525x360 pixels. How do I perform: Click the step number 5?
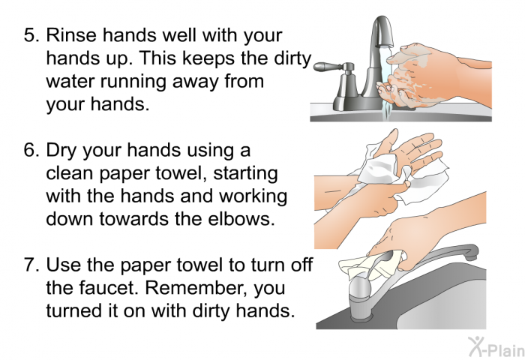(31, 34)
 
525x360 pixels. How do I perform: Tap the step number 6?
(31, 150)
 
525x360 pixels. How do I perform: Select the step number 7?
(31, 265)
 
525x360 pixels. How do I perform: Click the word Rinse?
(71, 34)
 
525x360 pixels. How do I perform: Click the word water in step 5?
(70, 81)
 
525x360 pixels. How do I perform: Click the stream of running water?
(387, 80)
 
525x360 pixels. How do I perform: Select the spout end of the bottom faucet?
(472, 253)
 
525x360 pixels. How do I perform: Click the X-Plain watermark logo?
(496, 347)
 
